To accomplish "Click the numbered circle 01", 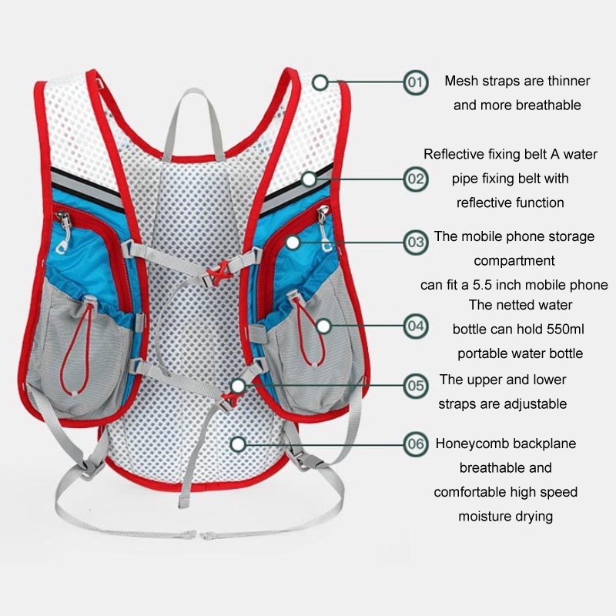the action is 415,82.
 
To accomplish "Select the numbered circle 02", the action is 415,179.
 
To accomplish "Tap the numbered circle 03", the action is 415,243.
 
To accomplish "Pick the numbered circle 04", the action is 415,326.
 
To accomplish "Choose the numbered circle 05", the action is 415,386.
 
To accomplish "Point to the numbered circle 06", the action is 415,444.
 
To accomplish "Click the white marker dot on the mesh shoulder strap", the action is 320,82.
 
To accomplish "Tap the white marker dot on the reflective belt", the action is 310,179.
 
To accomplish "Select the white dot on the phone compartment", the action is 293,243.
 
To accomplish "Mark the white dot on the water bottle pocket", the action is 323,326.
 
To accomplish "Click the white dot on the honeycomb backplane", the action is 238,444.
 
